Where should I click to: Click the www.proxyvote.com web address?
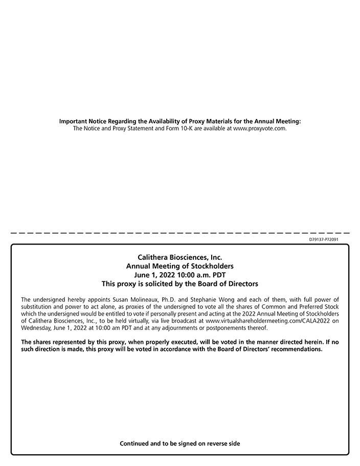click(259, 128)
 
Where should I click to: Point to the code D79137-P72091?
click(324, 239)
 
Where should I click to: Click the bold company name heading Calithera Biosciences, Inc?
click(180, 257)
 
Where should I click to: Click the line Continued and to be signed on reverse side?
click(180, 443)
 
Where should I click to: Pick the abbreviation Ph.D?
click(169, 299)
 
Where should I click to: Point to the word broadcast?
click(188, 321)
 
